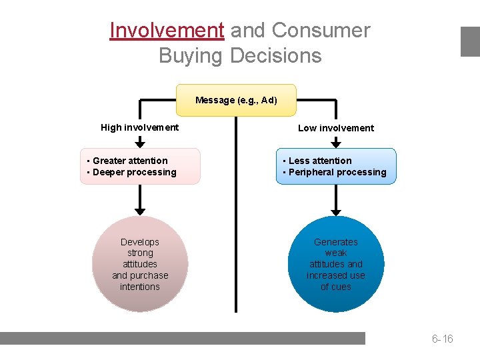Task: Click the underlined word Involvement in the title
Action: [167, 31]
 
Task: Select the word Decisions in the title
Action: [276, 55]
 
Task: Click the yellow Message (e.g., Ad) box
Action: [236, 101]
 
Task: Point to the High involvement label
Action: [139, 127]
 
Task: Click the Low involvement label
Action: [336, 128]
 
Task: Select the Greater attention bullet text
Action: [130, 161]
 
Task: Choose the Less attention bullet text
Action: [320, 161]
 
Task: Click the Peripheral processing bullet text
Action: [337, 172]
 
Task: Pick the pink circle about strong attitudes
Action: [140, 264]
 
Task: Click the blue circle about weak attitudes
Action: [336, 264]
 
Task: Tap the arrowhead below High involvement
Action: [139, 142]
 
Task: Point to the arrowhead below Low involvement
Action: [336, 142]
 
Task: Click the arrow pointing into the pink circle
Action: [139, 211]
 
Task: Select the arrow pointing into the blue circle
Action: [336, 211]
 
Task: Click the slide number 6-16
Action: [442, 339]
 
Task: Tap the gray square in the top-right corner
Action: [470, 41]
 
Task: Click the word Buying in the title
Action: [191, 55]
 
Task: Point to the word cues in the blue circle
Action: [336, 287]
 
